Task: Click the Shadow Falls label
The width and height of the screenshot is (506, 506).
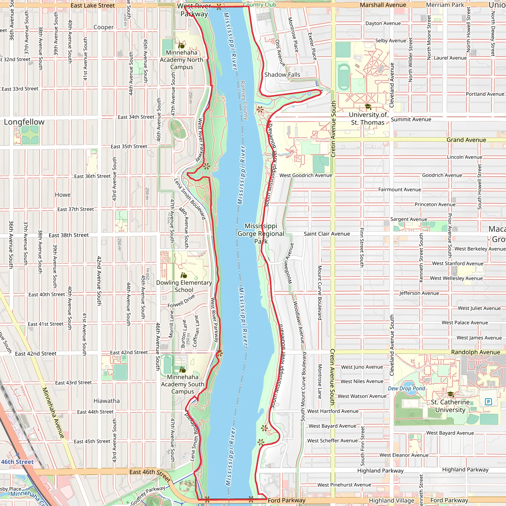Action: click(x=282, y=75)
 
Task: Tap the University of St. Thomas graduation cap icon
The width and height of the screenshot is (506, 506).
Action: click(x=368, y=106)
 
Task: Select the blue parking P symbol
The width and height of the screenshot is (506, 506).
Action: click(x=488, y=401)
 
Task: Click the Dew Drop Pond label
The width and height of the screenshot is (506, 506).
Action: click(x=406, y=388)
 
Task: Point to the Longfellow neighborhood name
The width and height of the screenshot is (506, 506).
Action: click(x=24, y=122)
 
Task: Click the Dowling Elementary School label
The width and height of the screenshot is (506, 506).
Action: click(x=184, y=286)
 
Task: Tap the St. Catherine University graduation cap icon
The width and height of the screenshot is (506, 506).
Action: click(x=450, y=394)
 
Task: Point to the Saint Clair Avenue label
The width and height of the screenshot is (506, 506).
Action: click(x=327, y=234)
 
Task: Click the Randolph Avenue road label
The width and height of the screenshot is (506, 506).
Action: click(x=475, y=352)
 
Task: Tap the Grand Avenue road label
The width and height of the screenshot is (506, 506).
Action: click(x=466, y=140)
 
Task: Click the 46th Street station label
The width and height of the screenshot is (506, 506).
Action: click(x=17, y=462)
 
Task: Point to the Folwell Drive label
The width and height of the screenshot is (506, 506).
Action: click(x=181, y=301)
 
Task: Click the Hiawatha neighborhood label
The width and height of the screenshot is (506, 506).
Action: click(x=106, y=401)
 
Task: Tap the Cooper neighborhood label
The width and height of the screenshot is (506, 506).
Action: click(x=104, y=27)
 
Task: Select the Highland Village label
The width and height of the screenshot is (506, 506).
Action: click(x=392, y=501)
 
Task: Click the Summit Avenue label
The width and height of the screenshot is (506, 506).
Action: click(x=411, y=119)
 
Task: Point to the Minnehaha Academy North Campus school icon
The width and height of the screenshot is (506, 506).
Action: click(x=181, y=45)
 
